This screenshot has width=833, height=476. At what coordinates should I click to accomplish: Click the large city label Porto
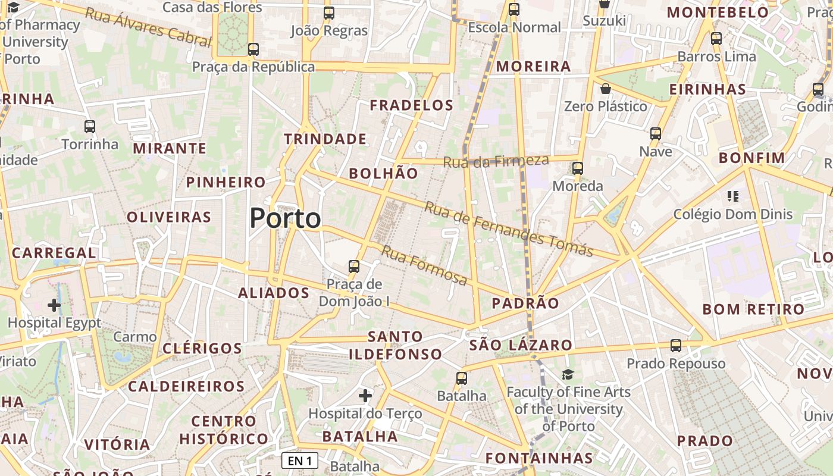[x=286, y=218]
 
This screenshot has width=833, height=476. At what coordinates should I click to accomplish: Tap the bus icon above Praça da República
[x=253, y=49]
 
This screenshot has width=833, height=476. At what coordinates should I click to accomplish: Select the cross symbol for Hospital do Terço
[x=365, y=395]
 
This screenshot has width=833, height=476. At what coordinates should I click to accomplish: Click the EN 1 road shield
[x=300, y=461]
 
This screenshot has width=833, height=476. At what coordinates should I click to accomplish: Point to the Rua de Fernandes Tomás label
[x=509, y=230]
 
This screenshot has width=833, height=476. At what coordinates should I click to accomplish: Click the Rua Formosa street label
[x=424, y=265]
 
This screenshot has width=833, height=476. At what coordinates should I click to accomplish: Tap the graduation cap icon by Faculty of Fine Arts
[x=568, y=374]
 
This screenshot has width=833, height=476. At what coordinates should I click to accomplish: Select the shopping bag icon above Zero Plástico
[x=606, y=89]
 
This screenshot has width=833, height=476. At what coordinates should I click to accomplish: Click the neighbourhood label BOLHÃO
[x=383, y=173]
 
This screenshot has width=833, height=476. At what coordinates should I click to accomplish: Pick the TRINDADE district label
[x=325, y=139]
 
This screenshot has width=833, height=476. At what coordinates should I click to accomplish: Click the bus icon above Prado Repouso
[x=676, y=346]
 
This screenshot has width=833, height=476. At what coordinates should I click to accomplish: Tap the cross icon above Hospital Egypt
[x=54, y=305]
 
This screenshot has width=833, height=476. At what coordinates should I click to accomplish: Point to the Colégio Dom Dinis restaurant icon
[x=733, y=196]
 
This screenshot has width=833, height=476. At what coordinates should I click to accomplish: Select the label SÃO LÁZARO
[x=521, y=345]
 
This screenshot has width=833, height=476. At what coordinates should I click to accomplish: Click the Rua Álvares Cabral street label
[x=148, y=27]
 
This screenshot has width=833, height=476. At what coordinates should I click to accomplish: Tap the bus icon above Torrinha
[x=90, y=127]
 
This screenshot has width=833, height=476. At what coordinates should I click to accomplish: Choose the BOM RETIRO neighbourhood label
[x=753, y=309]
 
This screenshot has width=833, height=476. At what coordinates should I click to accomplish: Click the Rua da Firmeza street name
[x=496, y=161]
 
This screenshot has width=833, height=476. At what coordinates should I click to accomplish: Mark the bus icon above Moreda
[x=578, y=168]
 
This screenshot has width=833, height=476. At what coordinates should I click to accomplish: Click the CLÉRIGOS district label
[x=202, y=348]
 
